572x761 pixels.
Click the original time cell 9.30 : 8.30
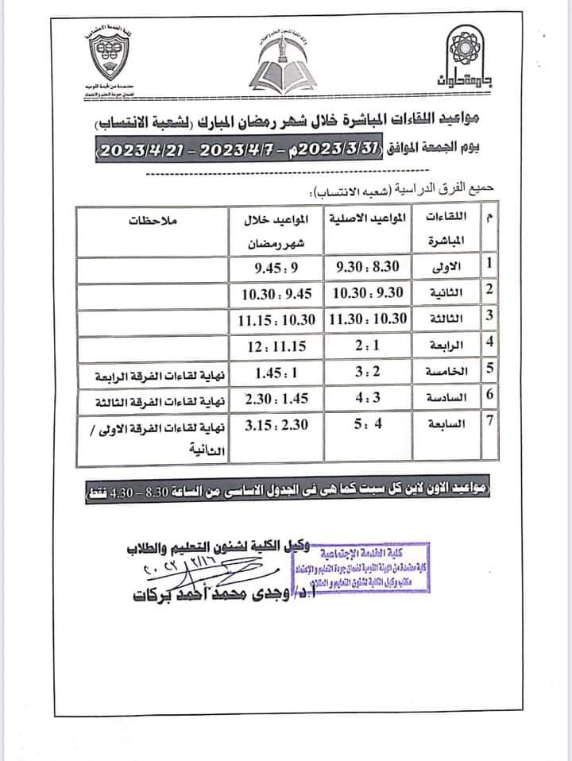pos(369,266)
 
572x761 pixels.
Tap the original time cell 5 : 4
pos(368,423)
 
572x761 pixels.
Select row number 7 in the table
pos(489,422)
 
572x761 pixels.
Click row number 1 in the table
pos(489,265)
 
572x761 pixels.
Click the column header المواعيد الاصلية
pos(369,218)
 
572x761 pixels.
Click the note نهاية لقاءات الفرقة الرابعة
pos(160,374)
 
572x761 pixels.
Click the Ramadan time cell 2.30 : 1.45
pos(276,398)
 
